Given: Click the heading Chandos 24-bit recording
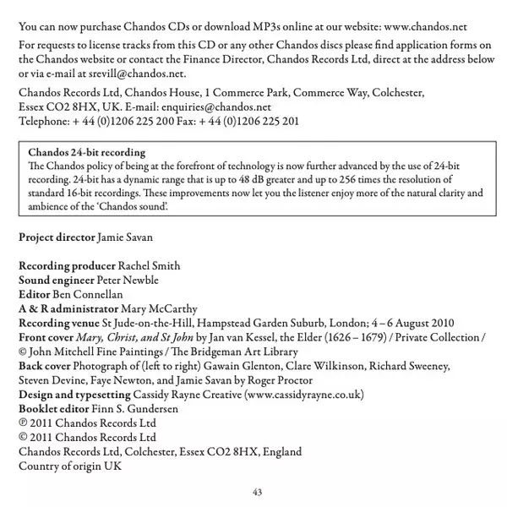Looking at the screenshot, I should tap(86, 152).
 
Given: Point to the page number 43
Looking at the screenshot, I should tap(258, 492).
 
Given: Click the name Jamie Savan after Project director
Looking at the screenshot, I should tap(132, 237).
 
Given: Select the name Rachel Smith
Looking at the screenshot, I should tap(149, 265).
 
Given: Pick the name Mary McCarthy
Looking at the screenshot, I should tap(161, 308).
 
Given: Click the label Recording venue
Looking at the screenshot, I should tap(57, 323).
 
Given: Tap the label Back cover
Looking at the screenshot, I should tap(45, 366).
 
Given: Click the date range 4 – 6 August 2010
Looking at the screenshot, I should tap(401, 323).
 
